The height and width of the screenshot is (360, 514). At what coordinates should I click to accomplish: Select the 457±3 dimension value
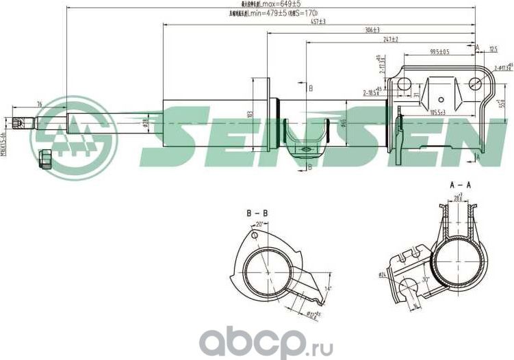[317, 22]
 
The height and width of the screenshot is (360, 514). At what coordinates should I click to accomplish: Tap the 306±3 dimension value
[372, 31]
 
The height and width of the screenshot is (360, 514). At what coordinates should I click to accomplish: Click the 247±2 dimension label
[390, 40]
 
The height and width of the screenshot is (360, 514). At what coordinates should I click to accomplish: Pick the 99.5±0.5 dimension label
[439, 52]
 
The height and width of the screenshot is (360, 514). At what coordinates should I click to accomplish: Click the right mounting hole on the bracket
[476, 83]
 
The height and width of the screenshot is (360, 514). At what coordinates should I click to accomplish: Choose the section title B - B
[257, 214]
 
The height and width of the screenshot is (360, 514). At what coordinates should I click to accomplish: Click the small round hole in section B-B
[254, 236]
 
